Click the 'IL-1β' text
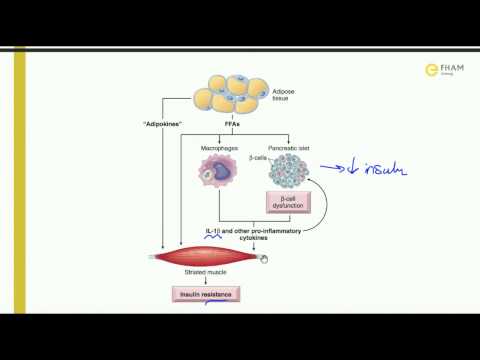[214, 232]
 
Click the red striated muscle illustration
[210, 257]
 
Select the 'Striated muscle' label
[211, 276]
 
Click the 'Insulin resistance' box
[210, 296]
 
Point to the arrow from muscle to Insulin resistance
[210, 284]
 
